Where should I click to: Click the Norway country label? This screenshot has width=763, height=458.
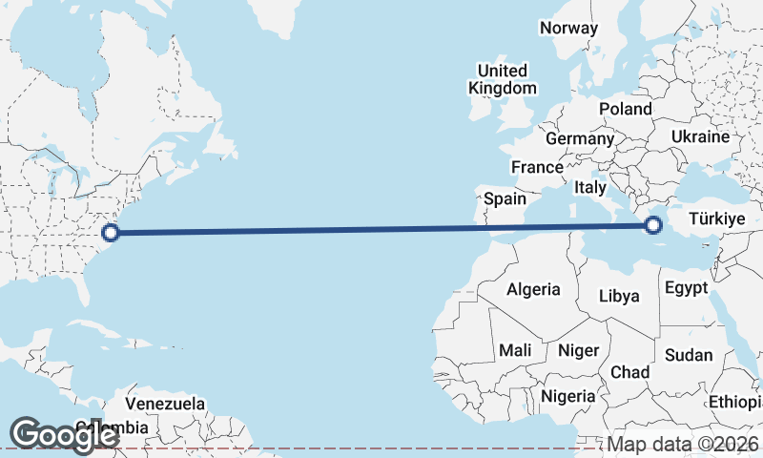[x=568, y=28]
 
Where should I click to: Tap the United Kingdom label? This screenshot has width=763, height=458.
[x=502, y=79]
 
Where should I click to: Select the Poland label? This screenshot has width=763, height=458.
[x=626, y=109]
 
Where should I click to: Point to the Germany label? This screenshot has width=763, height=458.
[x=580, y=138]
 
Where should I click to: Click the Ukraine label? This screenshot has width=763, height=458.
[x=700, y=137]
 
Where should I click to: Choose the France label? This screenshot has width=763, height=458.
[x=537, y=167]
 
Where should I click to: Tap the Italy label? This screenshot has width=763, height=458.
[x=590, y=188]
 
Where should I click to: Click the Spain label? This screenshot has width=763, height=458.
[x=505, y=198]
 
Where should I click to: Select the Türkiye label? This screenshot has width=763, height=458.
[x=715, y=219]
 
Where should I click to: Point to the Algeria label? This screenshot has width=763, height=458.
[x=533, y=289]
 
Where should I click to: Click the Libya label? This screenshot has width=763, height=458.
[x=619, y=296]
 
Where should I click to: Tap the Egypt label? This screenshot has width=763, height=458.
[x=686, y=287]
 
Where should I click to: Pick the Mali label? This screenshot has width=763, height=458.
[x=515, y=350]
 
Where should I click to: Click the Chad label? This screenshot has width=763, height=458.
[x=630, y=371]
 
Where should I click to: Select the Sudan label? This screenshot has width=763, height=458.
[x=689, y=355]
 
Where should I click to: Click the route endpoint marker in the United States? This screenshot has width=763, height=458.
[x=111, y=231]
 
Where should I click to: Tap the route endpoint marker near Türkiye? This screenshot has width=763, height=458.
[x=653, y=225]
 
